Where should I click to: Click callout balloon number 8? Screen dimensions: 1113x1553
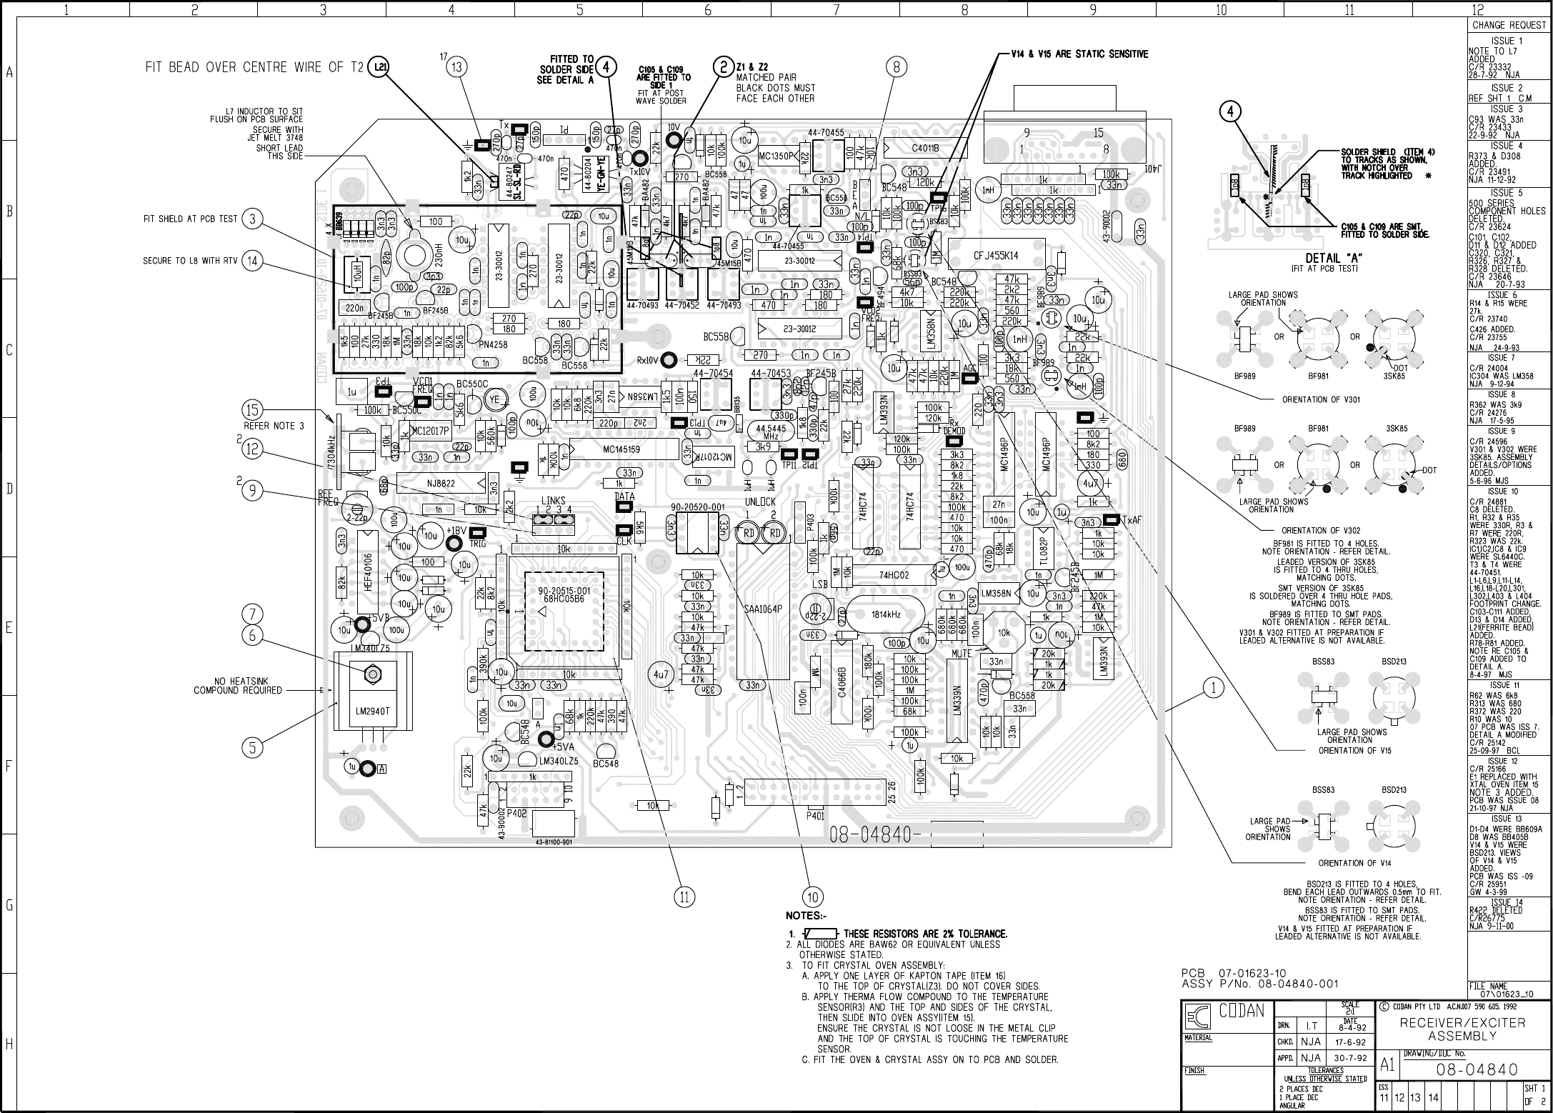[x=897, y=67]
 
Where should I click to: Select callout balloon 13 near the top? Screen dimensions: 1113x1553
[x=456, y=68]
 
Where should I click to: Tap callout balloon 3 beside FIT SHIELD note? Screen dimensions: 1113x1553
[x=253, y=219]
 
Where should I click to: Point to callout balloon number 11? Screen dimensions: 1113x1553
[x=684, y=897]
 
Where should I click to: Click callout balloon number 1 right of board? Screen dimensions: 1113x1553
[x=1213, y=688]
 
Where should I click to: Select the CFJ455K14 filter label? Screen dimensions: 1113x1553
[x=996, y=255]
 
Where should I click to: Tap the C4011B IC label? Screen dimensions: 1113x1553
[x=925, y=149]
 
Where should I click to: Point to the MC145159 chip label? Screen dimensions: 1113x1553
[x=621, y=449]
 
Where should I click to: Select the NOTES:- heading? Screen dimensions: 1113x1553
[x=807, y=916]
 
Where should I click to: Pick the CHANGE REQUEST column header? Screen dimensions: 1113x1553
[x=1507, y=25]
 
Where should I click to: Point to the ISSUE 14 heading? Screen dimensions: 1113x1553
[x=1505, y=903]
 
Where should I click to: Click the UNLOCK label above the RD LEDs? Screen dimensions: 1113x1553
[x=760, y=502]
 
